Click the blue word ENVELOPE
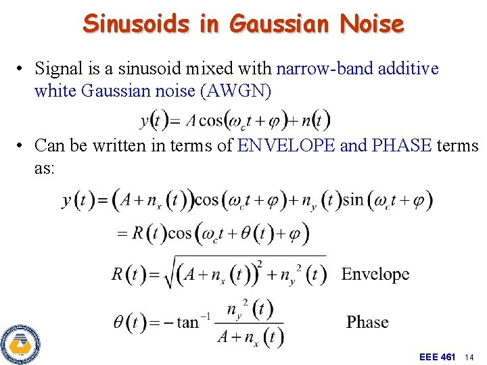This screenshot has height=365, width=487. tap(286, 145)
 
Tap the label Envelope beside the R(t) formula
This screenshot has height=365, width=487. tap(375, 274)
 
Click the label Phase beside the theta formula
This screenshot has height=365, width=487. tap(367, 322)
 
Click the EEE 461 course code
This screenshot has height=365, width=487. tap(437, 356)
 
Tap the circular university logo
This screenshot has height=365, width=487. tap(20, 343)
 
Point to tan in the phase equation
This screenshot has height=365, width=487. tap(188, 322)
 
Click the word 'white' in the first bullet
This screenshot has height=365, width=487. tap(55, 91)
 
